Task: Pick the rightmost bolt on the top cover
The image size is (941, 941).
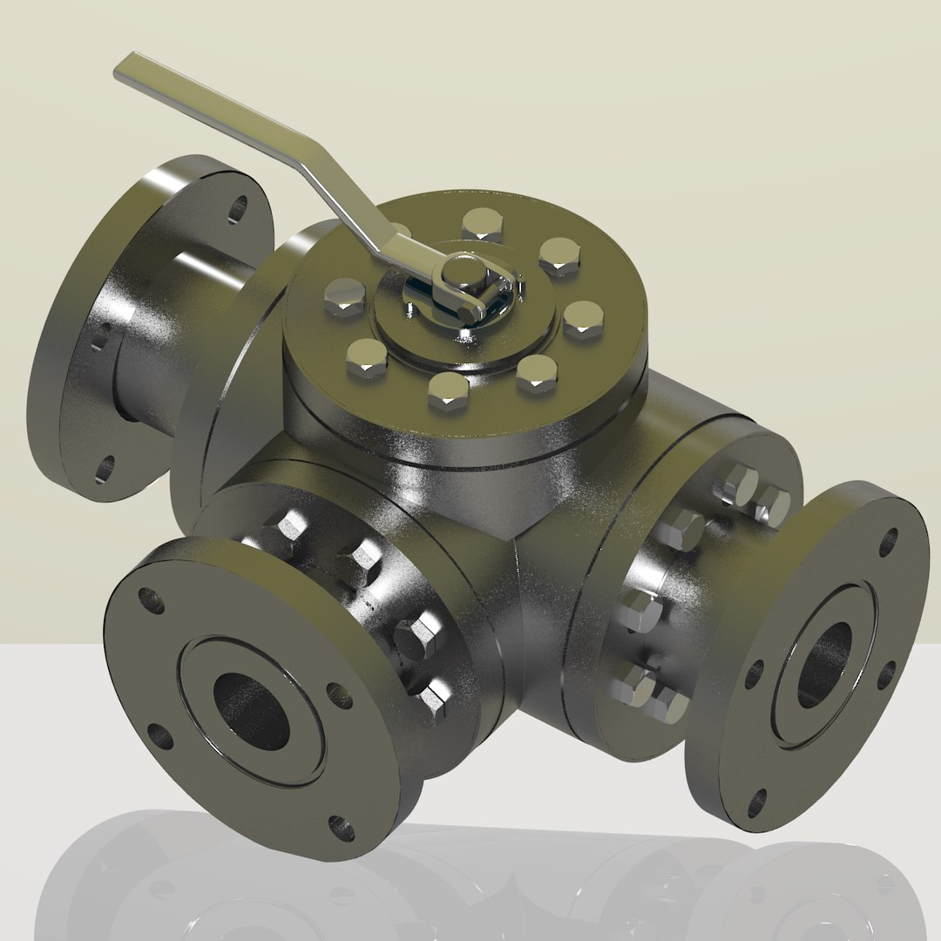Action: (583, 319)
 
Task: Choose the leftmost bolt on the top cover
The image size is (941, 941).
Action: (345, 298)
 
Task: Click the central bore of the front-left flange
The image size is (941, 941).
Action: (251, 711)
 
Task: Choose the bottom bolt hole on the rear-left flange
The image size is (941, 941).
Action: (104, 468)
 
